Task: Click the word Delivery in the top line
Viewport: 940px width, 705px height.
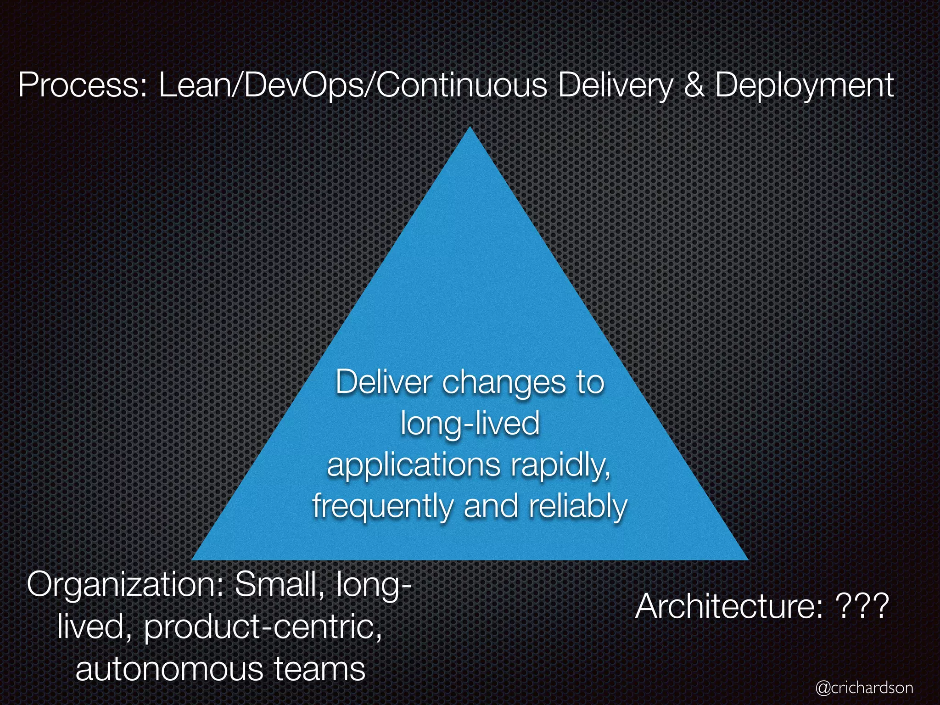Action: point(615,85)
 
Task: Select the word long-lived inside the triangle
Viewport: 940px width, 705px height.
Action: point(470,423)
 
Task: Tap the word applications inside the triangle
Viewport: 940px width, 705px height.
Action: point(413,465)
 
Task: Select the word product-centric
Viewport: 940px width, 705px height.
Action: point(263,626)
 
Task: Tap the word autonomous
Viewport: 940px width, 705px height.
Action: point(170,668)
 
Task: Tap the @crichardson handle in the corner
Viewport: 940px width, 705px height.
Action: point(864,688)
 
